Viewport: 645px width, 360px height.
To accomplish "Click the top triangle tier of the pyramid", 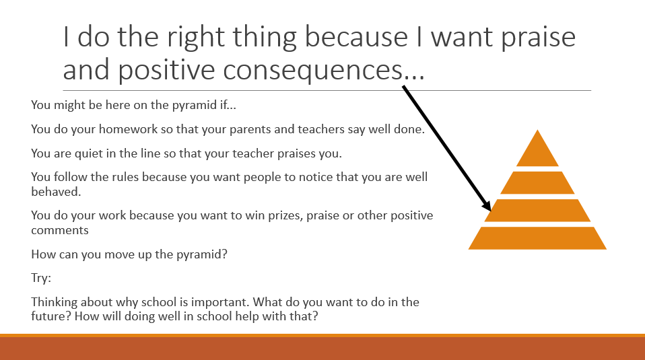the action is (x=537, y=152).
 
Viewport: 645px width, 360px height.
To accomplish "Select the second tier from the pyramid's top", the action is (x=537, y=183).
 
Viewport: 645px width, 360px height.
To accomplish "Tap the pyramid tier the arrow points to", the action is (x=537, y=211).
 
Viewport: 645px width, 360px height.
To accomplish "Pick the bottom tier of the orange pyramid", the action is (x=537, y=238).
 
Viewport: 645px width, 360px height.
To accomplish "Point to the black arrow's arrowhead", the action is (x=486, y=205).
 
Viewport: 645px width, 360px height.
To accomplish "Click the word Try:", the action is (x=41, y=278).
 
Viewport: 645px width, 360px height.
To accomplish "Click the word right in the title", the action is (x=196, y=38).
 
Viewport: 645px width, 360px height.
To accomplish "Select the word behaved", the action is (x=56, y=192).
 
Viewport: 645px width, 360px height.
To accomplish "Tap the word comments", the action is (x=60, y=230).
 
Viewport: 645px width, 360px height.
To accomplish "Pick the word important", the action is (x=220, y=302).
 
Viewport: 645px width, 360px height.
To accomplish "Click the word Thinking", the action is (x=55, y=302).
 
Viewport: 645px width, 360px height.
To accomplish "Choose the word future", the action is (x=51, y=316).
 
